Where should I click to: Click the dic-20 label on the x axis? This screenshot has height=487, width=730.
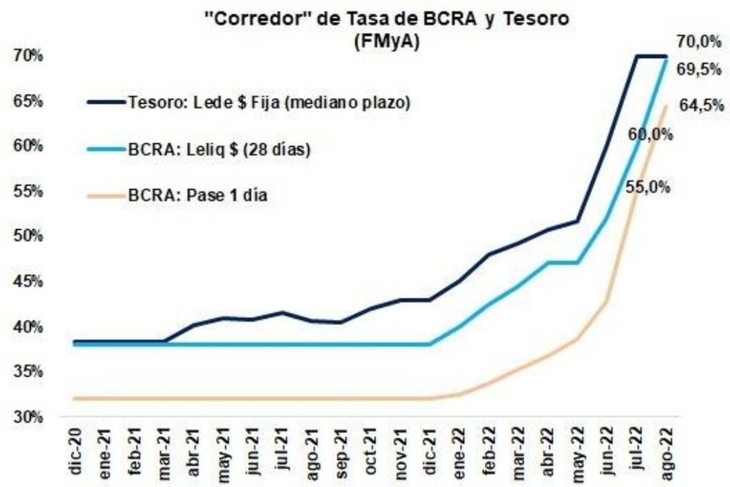pos(75,454)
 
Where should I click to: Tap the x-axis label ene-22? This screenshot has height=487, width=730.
pos(460,454)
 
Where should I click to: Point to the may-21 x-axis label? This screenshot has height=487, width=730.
pos(223,454)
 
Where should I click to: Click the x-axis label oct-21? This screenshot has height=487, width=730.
pos(371,454)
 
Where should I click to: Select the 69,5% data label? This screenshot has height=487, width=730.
pos(699,70)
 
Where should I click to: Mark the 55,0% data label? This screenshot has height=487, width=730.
pos(648,188)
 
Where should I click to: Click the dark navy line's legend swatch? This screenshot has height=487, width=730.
pos(107,102)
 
